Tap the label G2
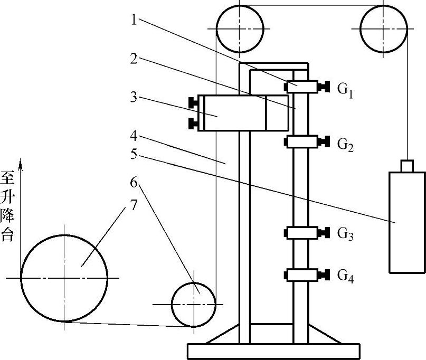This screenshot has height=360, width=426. [345, 144]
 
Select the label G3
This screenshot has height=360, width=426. [345, 234]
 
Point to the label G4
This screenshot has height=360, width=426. [345, 276]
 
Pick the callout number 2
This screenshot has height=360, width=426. [135, 59]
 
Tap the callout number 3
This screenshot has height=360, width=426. [135, 97]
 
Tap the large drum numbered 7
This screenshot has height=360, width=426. [64, 278]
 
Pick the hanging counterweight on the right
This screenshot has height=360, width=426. [406, 222]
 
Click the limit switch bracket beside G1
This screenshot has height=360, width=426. [302, 86]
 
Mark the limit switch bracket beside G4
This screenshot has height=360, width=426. [302, 275]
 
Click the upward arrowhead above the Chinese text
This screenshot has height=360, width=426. [21, 166]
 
